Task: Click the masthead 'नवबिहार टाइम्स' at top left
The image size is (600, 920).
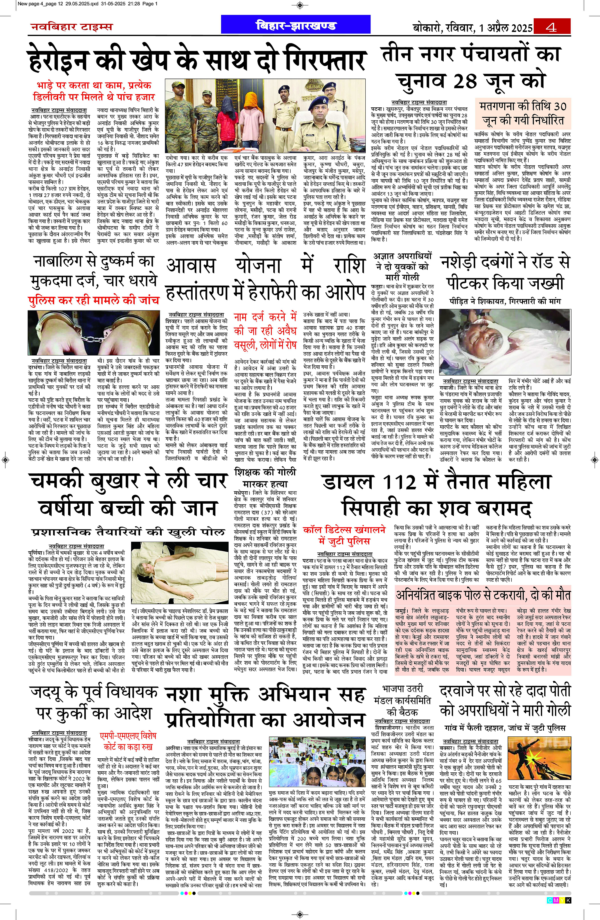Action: (71, 27)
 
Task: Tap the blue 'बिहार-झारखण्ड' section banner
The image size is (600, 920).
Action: (296, 25)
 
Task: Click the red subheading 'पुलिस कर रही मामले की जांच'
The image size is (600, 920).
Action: (94, 300)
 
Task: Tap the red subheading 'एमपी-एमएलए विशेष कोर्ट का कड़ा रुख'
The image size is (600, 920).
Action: (127, 741)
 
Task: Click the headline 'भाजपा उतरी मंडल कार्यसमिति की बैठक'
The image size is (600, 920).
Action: (402, 700)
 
